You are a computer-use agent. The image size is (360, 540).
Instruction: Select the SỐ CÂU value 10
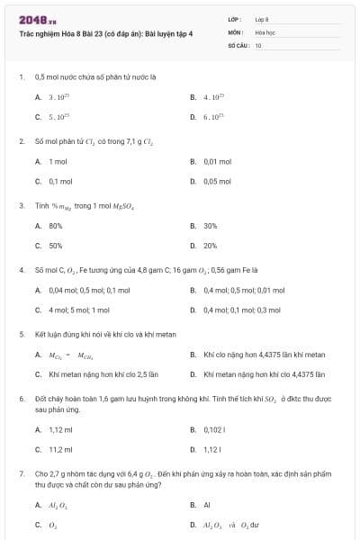258,44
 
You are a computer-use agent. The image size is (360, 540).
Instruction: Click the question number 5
22,334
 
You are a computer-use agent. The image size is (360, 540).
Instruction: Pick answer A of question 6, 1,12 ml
60,429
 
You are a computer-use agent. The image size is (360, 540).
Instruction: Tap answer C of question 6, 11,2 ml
60,449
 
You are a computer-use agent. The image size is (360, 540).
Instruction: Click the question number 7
22,472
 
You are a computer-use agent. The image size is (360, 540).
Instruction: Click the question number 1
22,77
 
